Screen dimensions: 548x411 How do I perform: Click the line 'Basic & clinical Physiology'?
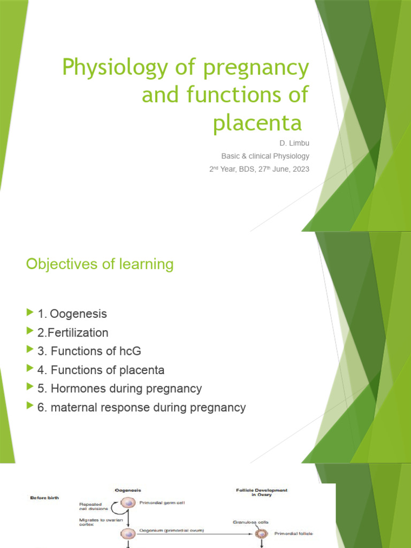pos(265,156)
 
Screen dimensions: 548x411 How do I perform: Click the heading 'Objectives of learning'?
pos(100,264)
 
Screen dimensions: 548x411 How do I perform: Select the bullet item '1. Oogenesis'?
pos(72,314)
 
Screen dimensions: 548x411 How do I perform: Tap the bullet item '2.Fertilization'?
pos(73,333)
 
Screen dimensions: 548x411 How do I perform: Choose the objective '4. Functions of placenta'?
pos(101,370)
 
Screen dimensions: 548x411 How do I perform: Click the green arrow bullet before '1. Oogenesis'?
pos(29,313)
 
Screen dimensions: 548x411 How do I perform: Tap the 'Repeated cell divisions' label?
pos(93,507)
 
